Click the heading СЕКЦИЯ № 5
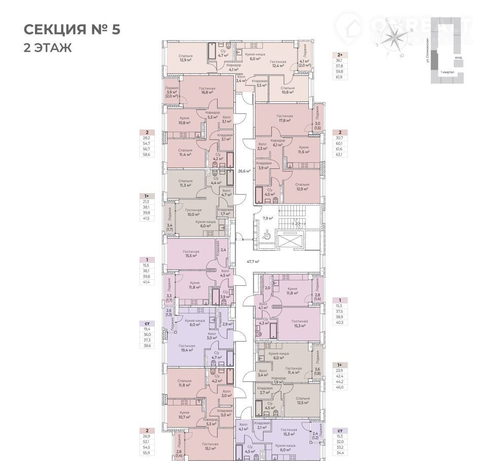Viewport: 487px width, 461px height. [72, 29]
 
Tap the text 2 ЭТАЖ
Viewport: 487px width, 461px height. [48, 48]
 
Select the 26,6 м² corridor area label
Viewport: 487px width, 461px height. [245, 171]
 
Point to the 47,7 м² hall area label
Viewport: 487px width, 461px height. [253, 261]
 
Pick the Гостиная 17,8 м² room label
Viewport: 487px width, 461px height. [285, 118]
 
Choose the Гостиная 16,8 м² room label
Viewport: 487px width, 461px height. [207, 91]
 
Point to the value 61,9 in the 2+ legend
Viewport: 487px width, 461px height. [339, 78]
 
